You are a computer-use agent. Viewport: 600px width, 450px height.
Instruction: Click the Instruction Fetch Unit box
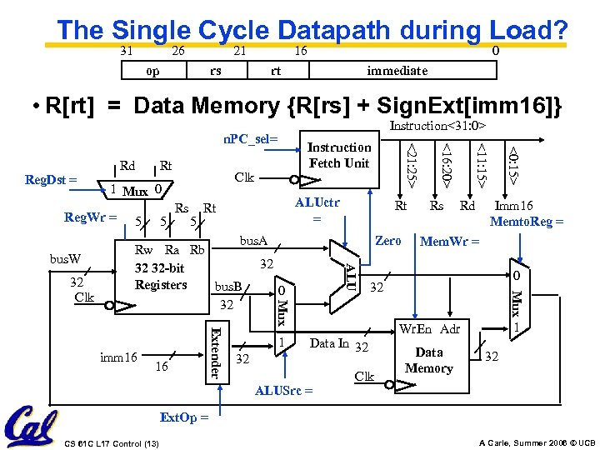339,155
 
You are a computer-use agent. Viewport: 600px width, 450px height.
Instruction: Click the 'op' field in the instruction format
152,71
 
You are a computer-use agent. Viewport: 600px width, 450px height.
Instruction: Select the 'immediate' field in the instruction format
397,71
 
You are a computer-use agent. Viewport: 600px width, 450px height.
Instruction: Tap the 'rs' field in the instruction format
216,71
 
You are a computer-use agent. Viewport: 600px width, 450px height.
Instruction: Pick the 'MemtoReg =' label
527,222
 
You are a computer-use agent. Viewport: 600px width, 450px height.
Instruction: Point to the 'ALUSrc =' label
284,390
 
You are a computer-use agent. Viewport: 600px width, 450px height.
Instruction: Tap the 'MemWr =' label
449,242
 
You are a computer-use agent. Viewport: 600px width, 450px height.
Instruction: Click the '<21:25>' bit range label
411,162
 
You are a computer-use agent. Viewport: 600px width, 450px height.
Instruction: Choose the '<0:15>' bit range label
515,162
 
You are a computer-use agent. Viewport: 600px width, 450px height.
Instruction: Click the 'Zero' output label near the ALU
387,241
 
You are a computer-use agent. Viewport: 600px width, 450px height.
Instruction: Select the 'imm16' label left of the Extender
117,357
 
